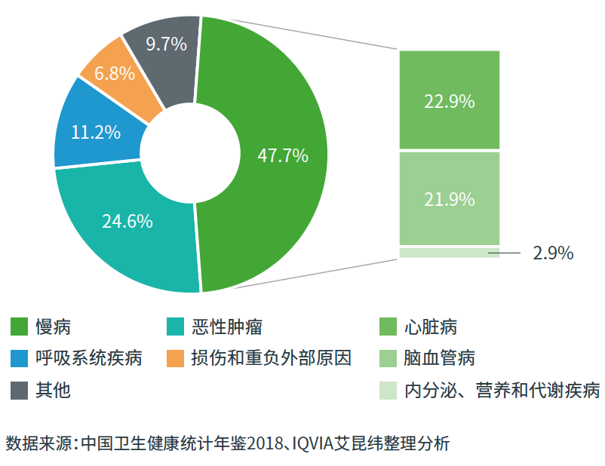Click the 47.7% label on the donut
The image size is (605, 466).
click(x=283, y=156)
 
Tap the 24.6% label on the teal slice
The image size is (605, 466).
click(x=127, y=221)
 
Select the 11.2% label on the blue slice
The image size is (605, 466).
click(x=96, y=132)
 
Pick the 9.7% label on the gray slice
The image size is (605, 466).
click(x=166, y=44)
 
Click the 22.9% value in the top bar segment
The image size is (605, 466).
click(x=449, y=101)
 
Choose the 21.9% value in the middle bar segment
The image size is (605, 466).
click(x=449, y=200)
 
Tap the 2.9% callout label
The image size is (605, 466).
click(x=553, y=253)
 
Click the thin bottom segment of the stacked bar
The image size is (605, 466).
click(x=449, y=253)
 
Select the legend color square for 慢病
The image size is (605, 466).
click(x=20, y=327)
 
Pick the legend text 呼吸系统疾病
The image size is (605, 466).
click(x=88, y=357)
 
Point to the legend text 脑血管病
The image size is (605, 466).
click(x=439, y=357)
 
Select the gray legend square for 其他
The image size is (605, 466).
click(x=20, y=389)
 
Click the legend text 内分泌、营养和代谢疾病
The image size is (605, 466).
click(x=502, y=390)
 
